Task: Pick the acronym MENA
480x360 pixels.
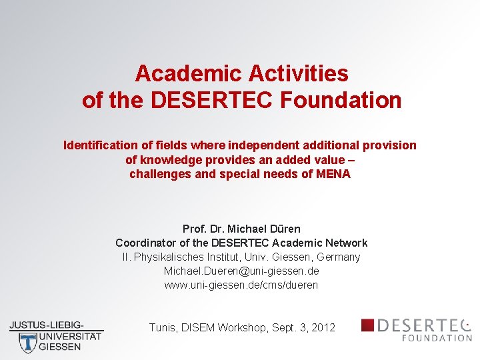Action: coord(333,175)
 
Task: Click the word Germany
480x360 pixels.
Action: coord(338,257)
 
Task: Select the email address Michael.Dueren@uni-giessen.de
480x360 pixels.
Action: coord(241,271)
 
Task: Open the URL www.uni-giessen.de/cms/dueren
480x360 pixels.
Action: coord(241,285)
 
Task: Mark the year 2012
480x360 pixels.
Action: coord(323,328)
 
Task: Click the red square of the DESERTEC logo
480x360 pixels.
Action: coord(367,325)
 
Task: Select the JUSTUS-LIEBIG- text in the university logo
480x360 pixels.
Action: coord(47,325)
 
